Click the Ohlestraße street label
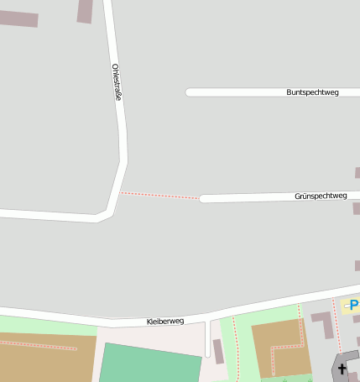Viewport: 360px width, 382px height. click(117, 82)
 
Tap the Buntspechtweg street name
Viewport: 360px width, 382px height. click(312, 92)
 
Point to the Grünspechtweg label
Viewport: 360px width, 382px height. click(321, 196)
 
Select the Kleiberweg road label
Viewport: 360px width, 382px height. click(164, 322)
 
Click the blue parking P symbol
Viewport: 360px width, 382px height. click(354, 305)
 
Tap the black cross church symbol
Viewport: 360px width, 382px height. click(342, 368)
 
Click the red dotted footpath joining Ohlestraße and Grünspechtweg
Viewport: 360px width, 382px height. click(159, 196)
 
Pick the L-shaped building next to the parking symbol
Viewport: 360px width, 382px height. click(323, 323)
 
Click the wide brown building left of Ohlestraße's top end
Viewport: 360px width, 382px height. click(18, 18)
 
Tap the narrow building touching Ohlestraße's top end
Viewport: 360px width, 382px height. click(85, 11)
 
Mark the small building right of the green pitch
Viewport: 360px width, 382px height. click(218, 351)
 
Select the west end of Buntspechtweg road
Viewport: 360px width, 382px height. click(190, 92)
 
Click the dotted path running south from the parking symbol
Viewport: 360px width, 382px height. click(337, 327)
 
